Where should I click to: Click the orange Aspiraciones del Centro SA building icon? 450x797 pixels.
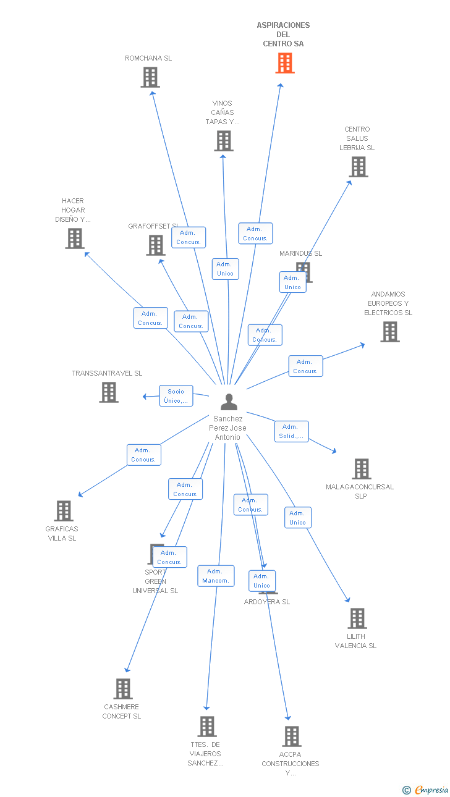[285, 63]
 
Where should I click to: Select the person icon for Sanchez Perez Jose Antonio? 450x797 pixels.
[229, 402]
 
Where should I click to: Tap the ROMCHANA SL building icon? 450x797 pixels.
[150, 77]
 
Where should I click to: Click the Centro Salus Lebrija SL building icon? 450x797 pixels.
[358, 167]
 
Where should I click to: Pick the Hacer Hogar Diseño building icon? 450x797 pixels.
[75, 238]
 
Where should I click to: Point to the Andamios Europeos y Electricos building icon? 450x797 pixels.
[389, 332]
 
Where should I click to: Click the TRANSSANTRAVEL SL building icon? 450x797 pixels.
[109, 392]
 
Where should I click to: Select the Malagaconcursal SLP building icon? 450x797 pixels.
[362, 469]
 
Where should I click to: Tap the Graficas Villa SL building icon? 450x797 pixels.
[64, 511]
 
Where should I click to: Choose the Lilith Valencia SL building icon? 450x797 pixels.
[357, 618]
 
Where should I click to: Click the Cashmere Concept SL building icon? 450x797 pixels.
[123, 689]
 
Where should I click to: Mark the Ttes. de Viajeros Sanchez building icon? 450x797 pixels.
[207, 727]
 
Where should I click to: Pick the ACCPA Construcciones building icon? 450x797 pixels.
[292, 736]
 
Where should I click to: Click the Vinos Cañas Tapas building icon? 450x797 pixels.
[224, 141]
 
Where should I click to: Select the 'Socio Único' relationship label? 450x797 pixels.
[176, 396]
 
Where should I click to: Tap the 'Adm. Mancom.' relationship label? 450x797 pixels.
[216, 576]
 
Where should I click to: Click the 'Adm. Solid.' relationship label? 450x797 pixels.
[291, 431]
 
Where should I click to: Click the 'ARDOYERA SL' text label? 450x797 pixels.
[267, 602]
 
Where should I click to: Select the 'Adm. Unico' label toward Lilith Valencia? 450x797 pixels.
[297, 518]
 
